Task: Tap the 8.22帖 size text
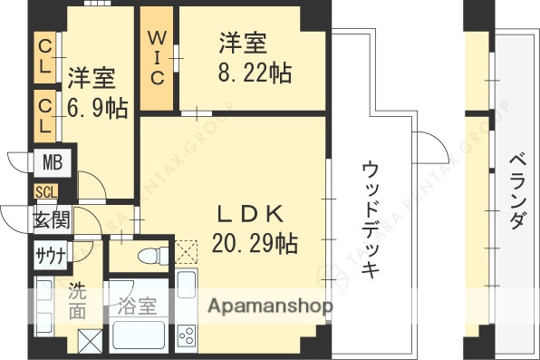coord(254,72)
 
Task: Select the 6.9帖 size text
coord(97,108)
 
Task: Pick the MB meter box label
coord(47,163)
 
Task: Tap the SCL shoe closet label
coord(45,192)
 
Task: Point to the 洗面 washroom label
coord(78,302)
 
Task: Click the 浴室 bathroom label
coord(136,305)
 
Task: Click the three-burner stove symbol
coord(188,336)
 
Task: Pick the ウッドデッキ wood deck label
coord(371,218)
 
